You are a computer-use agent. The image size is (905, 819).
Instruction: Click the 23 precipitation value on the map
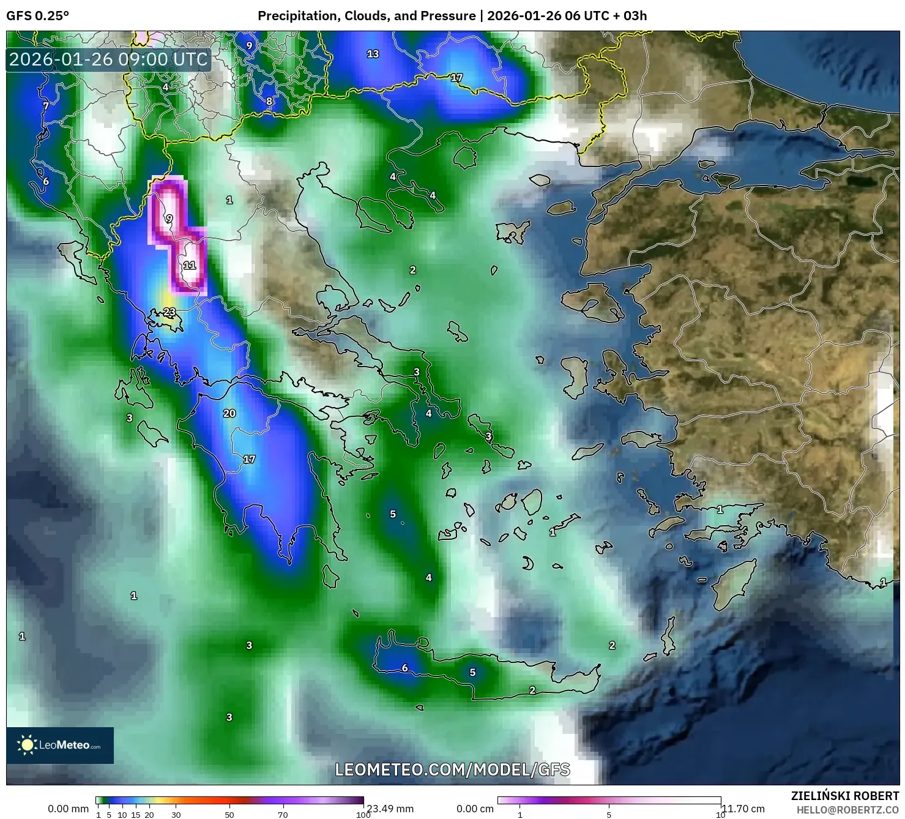point(169,312)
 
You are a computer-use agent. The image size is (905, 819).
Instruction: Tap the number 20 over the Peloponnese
point(229,413)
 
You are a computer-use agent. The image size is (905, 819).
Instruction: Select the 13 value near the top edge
point(373,54)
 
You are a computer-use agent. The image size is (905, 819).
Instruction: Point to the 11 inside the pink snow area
point(190,265)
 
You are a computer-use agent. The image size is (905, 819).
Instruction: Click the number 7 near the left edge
point(46,106)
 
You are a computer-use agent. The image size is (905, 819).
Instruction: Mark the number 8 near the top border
point(269,101)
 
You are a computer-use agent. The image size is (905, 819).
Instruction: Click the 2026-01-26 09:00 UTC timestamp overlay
point(108,59)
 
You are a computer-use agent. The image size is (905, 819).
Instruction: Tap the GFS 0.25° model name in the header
point(37,16)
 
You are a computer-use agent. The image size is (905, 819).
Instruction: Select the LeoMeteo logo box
point(60,745)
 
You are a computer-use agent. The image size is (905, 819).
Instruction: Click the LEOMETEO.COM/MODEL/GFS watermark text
point(452,769)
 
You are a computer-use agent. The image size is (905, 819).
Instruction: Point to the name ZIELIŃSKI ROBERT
point(844,796)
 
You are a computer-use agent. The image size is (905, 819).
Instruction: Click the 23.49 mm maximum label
point(390,809)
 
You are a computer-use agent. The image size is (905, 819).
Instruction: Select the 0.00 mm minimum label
point(68,809)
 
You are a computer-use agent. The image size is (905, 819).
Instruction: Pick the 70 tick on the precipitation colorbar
point(283,815)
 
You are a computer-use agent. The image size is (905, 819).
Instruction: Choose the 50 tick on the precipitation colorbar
point(229,815)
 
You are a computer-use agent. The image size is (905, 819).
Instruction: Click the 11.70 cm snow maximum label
point(743,809)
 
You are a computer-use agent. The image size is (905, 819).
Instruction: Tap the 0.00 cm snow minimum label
point(475,809)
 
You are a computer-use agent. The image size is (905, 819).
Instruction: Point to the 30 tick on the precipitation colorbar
point(176,815)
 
